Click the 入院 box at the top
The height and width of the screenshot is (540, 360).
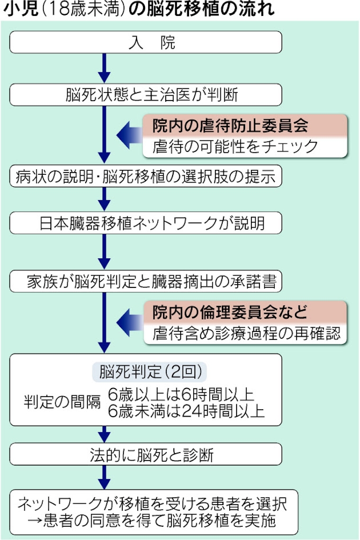point(146,42)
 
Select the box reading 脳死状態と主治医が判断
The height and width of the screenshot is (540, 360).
point(146,95)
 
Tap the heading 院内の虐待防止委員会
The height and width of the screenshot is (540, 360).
point(230,125)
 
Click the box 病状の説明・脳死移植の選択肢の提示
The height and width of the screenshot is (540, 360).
point(146,177)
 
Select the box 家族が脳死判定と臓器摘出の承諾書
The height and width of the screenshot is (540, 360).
point(146,281)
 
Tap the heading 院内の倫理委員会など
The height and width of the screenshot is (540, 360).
point(230,312)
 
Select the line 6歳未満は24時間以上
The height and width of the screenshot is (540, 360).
point(186,411)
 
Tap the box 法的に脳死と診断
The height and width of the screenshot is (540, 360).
point(146,454)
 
